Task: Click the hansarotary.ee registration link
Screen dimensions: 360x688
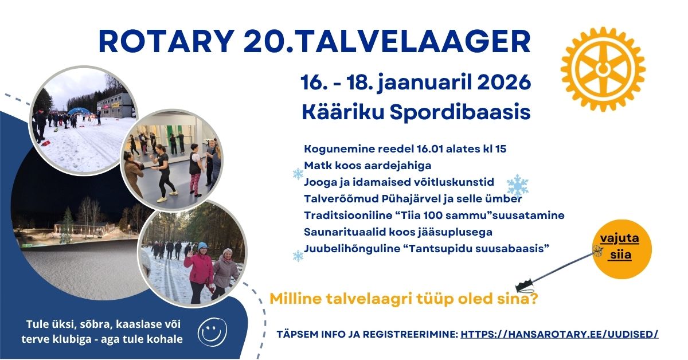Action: pos(560,334)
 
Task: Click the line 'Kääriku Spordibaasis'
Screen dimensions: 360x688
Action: pos(416,112)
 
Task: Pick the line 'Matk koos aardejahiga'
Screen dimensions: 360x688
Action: pos(368,166)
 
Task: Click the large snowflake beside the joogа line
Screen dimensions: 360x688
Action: pos(517,186)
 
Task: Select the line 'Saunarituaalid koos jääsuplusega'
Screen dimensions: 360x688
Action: pos(398,232)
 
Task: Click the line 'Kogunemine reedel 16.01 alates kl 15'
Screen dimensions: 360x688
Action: pos(405,149)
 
